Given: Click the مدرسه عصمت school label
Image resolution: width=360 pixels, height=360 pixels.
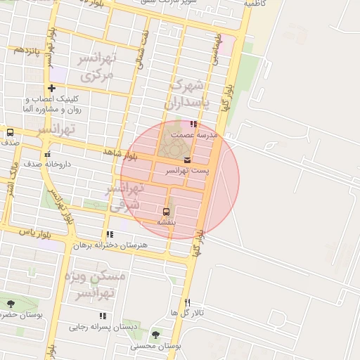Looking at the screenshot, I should point(199,134).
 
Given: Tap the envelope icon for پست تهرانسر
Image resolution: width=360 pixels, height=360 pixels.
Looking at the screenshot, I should point(186,160).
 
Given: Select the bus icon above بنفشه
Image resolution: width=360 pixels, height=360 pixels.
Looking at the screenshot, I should point(167,210).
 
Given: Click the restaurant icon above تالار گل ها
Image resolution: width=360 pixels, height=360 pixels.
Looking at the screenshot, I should point(187,302).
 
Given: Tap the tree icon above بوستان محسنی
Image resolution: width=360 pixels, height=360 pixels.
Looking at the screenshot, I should point(155,335).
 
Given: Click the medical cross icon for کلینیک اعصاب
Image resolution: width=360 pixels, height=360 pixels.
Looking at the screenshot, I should point(51,89).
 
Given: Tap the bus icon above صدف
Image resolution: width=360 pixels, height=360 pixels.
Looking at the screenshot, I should point(10,132).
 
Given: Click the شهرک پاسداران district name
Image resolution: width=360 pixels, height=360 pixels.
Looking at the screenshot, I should point(186,94).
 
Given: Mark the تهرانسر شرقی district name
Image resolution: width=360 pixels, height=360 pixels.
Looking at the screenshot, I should point(125,195).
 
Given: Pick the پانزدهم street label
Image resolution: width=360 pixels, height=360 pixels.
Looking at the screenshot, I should point(26,50).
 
